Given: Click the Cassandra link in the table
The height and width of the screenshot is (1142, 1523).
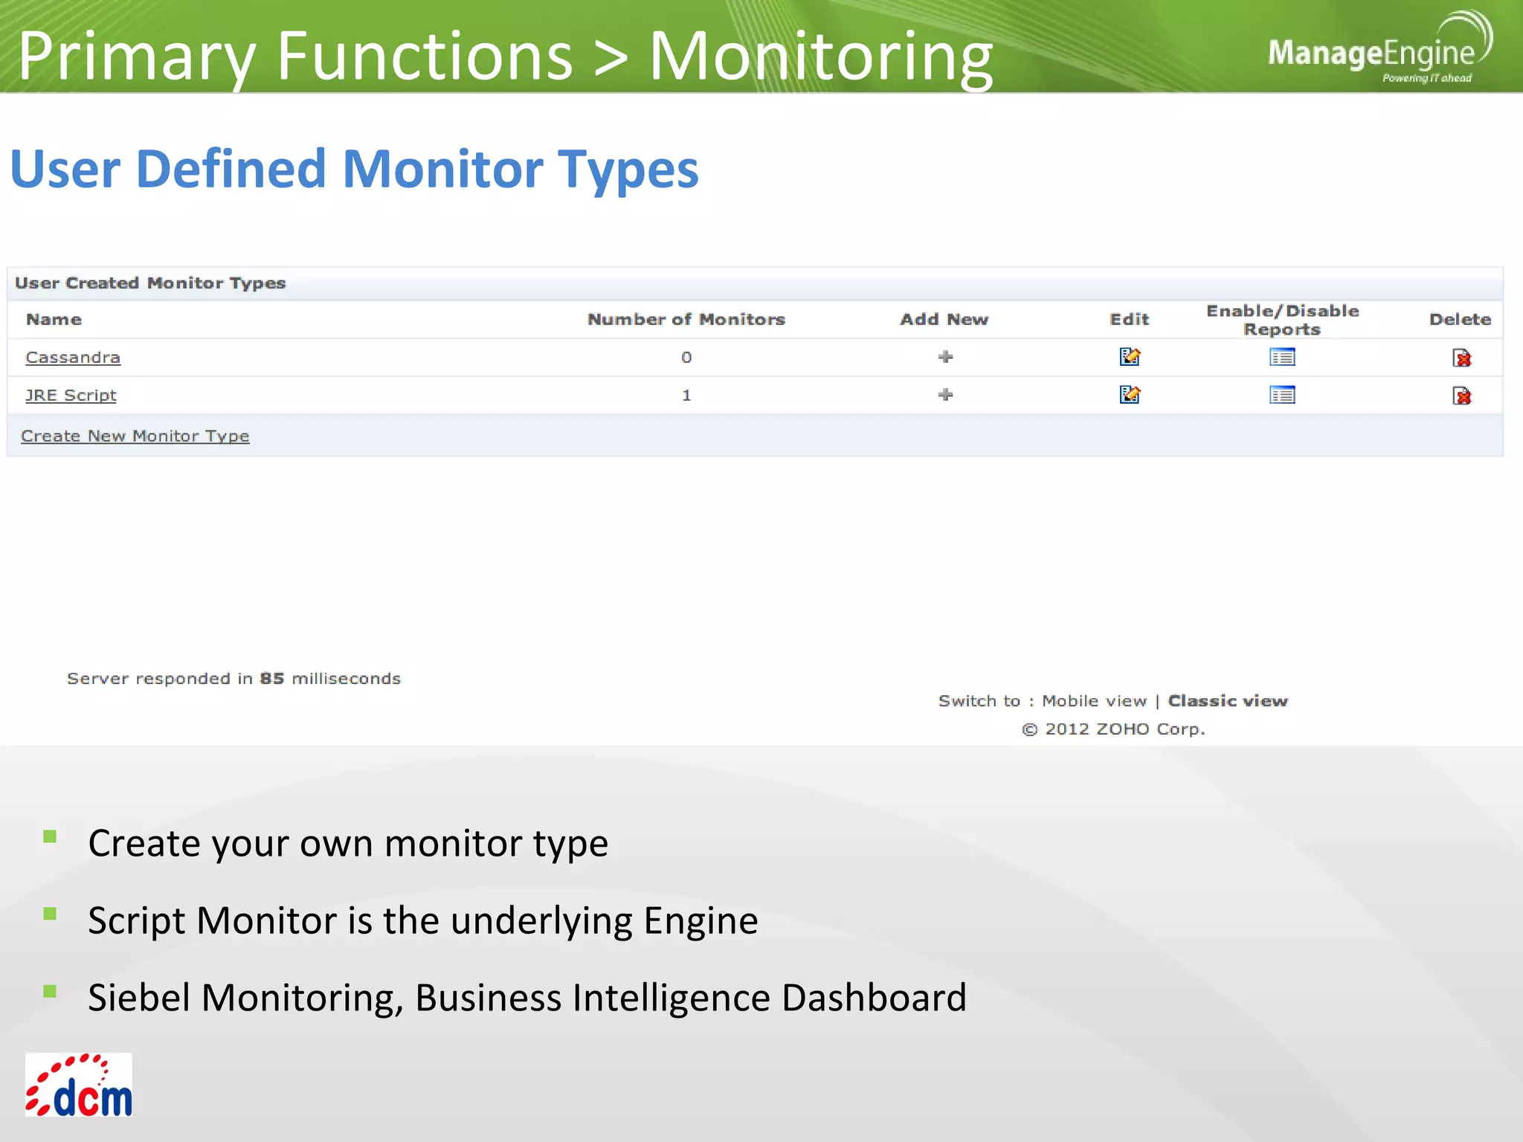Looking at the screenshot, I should (x=73, y=358).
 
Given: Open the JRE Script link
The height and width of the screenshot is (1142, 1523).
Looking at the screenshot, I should (x=71, y=396).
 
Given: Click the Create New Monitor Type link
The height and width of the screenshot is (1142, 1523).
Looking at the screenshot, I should (x=135, y=436).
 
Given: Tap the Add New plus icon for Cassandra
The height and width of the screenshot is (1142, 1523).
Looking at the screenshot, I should (x=945, y=357).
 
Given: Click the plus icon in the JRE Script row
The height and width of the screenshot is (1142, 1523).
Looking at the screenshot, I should (x=945, y=395).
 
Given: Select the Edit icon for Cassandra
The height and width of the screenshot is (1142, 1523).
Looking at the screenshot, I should (x=1130, y=357).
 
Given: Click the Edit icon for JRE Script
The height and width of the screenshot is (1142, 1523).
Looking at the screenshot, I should (x=1130, y=395).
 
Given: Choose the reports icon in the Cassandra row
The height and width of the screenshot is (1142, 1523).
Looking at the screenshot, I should (x=1282, y=358).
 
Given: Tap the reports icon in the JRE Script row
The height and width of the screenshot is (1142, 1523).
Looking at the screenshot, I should (x=1282, y=396).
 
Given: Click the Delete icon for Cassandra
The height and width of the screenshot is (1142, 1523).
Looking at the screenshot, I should (x=1461, y=358).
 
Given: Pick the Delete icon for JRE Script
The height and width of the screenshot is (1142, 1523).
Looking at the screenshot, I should (x=1461, y=396).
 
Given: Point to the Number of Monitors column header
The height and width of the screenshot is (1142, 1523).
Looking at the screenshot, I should (x=686, y=320).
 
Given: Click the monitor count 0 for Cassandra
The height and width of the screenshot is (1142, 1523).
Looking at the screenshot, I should (x=686, y=358).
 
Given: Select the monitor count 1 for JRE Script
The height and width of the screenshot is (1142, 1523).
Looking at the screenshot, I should (x=686, y=396).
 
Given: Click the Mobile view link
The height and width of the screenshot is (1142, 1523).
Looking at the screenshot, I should (x=1094, y=701).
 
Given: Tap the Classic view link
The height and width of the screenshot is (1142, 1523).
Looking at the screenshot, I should (x=1228, y=701).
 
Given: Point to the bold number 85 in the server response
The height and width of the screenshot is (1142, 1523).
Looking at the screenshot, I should (x=272, y=679).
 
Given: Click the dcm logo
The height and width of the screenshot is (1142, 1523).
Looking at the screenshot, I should (x=79, y=1085).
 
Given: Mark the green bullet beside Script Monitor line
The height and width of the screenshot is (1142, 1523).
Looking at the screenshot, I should (x=50, y=914).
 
